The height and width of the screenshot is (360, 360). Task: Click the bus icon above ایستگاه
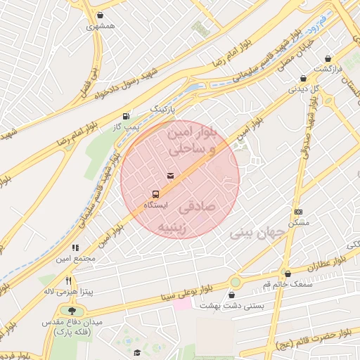155,193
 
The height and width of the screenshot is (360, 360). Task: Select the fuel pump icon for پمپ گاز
126,116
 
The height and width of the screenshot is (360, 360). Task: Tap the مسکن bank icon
298,212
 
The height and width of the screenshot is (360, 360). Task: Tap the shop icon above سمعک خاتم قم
288,274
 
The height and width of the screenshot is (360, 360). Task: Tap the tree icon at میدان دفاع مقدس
72,311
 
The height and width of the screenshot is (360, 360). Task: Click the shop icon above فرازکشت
327,59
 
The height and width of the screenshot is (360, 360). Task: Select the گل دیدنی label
306,89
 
